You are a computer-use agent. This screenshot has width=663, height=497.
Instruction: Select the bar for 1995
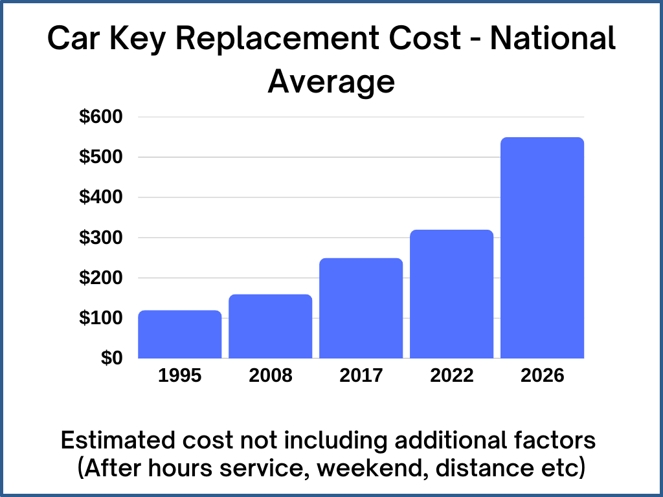180,335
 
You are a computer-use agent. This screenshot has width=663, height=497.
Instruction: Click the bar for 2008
271,327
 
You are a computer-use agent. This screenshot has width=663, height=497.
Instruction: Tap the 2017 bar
361,309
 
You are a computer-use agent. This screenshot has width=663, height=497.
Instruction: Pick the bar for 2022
452,294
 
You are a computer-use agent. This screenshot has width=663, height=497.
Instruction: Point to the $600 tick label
101,117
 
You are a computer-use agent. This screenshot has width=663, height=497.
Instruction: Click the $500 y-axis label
101,157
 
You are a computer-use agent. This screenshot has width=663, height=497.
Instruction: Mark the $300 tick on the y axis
101,237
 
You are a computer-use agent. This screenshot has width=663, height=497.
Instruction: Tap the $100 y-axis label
101,318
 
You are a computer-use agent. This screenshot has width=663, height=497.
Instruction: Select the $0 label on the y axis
111,358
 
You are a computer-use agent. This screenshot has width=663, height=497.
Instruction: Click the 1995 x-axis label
180,375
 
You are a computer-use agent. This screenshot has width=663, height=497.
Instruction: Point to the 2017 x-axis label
361,375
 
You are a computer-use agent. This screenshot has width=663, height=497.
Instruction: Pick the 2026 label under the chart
543,375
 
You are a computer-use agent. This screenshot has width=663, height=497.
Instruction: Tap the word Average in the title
331,82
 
